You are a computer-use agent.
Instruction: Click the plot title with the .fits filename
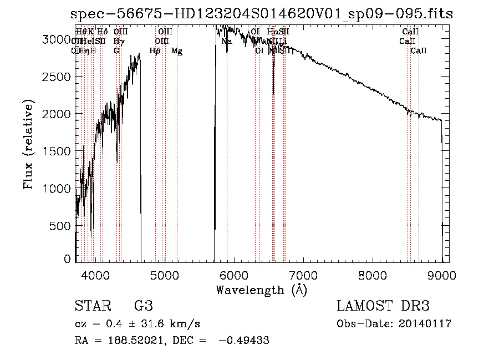point(262,14)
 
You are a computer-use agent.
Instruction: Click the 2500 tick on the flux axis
point(58,76)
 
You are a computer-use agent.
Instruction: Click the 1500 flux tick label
point(58,151)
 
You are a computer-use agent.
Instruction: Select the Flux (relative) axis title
point(29,145)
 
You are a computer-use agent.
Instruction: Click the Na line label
point(226,42)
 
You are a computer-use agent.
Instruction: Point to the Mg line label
point(177,51)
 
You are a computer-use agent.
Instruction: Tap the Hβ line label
point(155,51)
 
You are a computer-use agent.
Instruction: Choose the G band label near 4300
point(116,51)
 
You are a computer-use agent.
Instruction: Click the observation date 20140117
point(425,324)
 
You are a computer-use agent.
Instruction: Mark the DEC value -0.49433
point(244,341)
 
